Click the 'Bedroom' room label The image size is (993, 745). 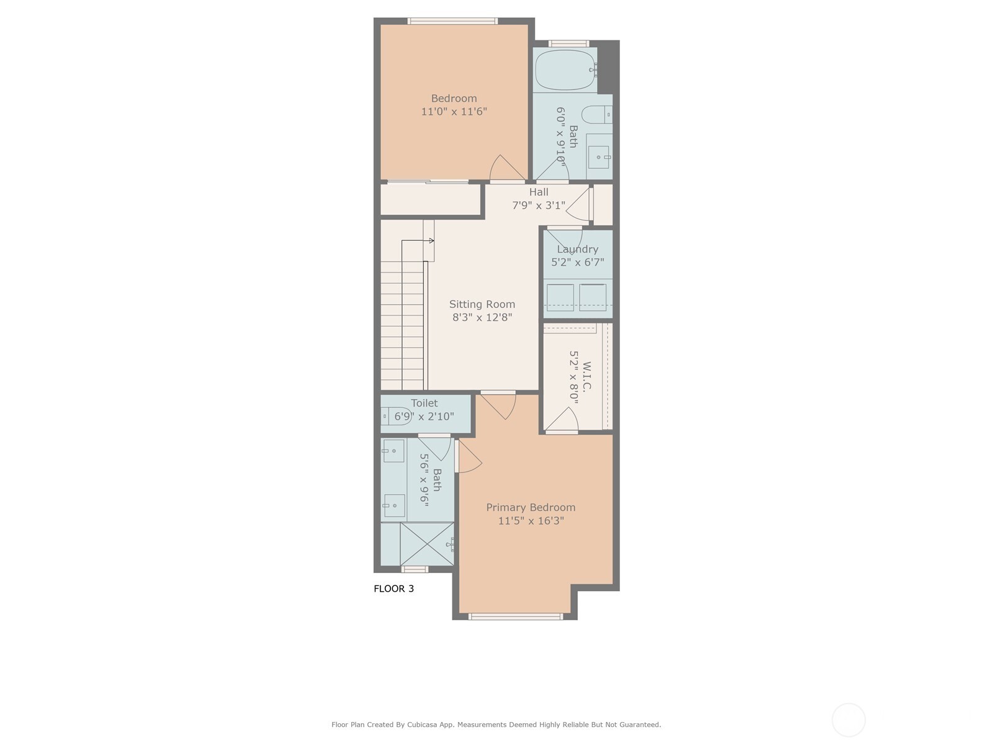coord(454,98)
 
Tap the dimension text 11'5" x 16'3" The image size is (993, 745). coord(531,521)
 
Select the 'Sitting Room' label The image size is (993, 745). coord(482,304)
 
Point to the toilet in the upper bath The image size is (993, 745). coord(596,115)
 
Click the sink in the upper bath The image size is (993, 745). coord(599,157)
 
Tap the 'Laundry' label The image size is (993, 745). coord(577,249)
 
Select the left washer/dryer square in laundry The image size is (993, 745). coord(560,297)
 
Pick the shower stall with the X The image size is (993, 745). coord(427,544)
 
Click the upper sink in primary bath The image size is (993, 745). coord(393,451)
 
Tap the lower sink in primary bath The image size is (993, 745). coord(393,505)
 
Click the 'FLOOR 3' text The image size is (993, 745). coord(393,589)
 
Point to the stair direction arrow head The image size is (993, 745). coord(431,240)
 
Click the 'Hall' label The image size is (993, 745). coord(539,192)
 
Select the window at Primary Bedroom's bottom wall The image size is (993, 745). coord(515,616)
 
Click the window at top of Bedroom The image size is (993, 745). coord(452,21)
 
